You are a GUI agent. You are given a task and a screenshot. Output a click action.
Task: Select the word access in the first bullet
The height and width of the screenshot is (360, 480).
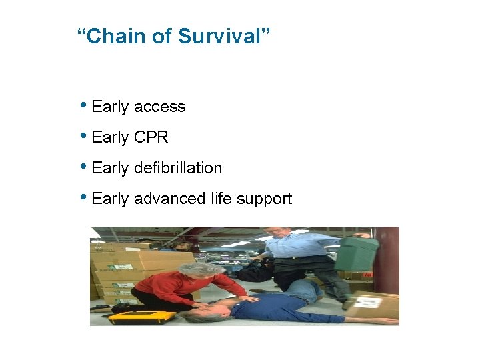159,107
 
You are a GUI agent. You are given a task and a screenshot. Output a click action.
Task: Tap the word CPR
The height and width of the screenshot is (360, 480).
151,137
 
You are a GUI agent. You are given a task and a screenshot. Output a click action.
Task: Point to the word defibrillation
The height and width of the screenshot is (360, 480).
178,168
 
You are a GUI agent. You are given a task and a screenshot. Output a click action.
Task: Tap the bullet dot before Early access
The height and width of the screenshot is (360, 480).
83,105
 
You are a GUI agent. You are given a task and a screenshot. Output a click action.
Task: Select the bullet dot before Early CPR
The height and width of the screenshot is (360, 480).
83,136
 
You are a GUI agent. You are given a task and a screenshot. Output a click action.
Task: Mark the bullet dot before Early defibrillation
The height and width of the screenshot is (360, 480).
83,167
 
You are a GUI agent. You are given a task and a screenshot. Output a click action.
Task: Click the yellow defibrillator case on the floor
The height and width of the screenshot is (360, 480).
141,317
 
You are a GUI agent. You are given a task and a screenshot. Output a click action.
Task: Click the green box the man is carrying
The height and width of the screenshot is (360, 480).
357,253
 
